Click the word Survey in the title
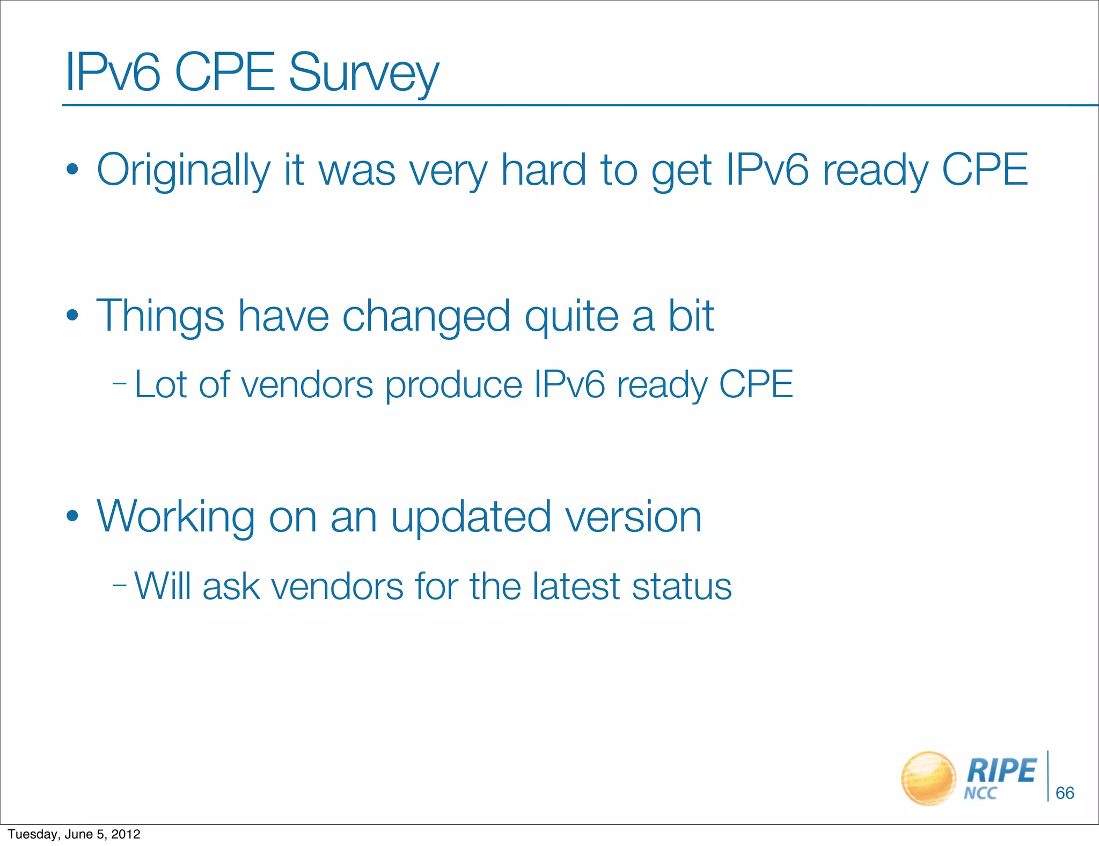point(364,74)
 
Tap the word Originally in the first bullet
point(183,171)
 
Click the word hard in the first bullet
point(543,170)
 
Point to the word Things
point(160,317)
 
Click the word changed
point(426,317)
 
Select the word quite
point(572,317)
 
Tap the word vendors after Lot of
point(307,385)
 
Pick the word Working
point(175,517)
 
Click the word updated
point(471,517)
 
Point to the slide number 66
point(1065,793)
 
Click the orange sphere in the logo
point(928,778)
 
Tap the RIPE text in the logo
point(1001,771)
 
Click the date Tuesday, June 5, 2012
point(74,834)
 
